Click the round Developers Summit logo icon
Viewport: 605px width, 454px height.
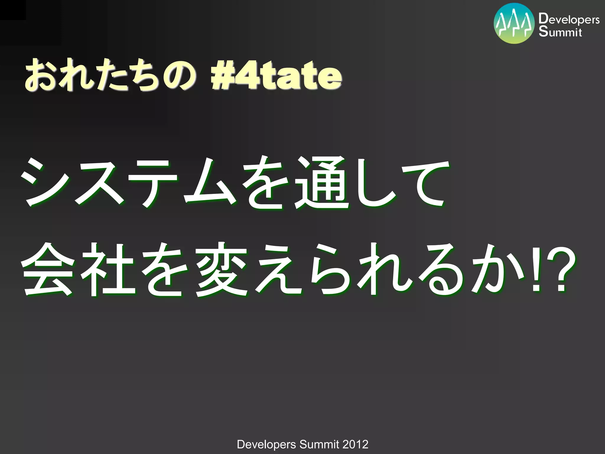(514, 23)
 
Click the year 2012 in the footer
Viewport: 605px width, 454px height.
(355, 444)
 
